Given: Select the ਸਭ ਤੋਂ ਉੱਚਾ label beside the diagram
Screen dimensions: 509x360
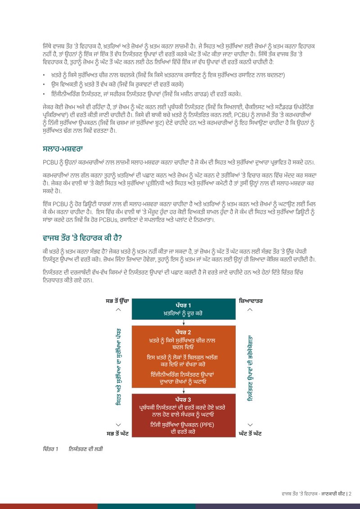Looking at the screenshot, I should coord(117,300).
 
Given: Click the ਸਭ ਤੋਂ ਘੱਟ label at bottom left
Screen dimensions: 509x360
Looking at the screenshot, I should coord(117,433).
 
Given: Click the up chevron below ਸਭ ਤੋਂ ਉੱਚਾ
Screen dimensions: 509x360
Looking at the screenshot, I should coord(118,310).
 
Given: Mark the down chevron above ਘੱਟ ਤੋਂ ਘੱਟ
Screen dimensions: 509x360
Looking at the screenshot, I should coord(249,424).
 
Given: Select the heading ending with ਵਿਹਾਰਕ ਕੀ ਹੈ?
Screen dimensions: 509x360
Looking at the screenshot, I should coord(82,237).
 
